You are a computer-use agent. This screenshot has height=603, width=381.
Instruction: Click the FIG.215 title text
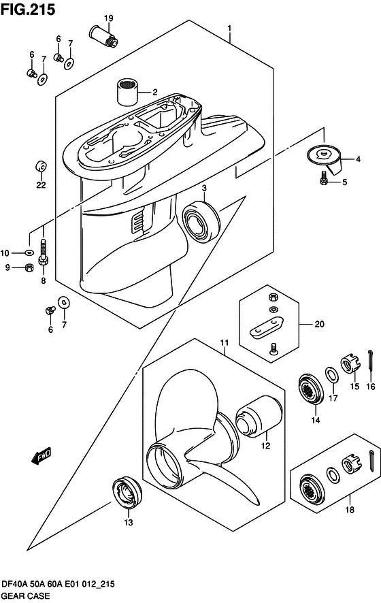tap(28, 10)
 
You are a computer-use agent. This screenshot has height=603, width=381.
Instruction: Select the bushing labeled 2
tap(127, 92)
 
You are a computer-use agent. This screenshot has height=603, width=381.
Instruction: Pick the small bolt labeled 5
tap(323, 178)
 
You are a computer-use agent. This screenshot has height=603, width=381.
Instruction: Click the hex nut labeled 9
tap(28, 267)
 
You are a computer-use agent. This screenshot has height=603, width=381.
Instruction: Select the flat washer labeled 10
tap(28, 252)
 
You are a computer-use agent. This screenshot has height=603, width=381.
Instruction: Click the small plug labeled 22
tap(41, 167)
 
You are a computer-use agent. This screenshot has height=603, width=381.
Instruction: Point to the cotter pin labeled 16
tap(370, 361)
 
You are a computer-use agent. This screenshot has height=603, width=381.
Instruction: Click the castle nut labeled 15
tap(350, 365)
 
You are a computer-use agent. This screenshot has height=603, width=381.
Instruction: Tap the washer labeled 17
tap(332, 375)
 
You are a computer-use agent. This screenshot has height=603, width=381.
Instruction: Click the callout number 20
tap(320, 324)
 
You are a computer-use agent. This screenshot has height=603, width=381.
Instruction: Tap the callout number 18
tap(350, 510)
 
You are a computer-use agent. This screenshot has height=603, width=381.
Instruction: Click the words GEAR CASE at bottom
tap(26, 596)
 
